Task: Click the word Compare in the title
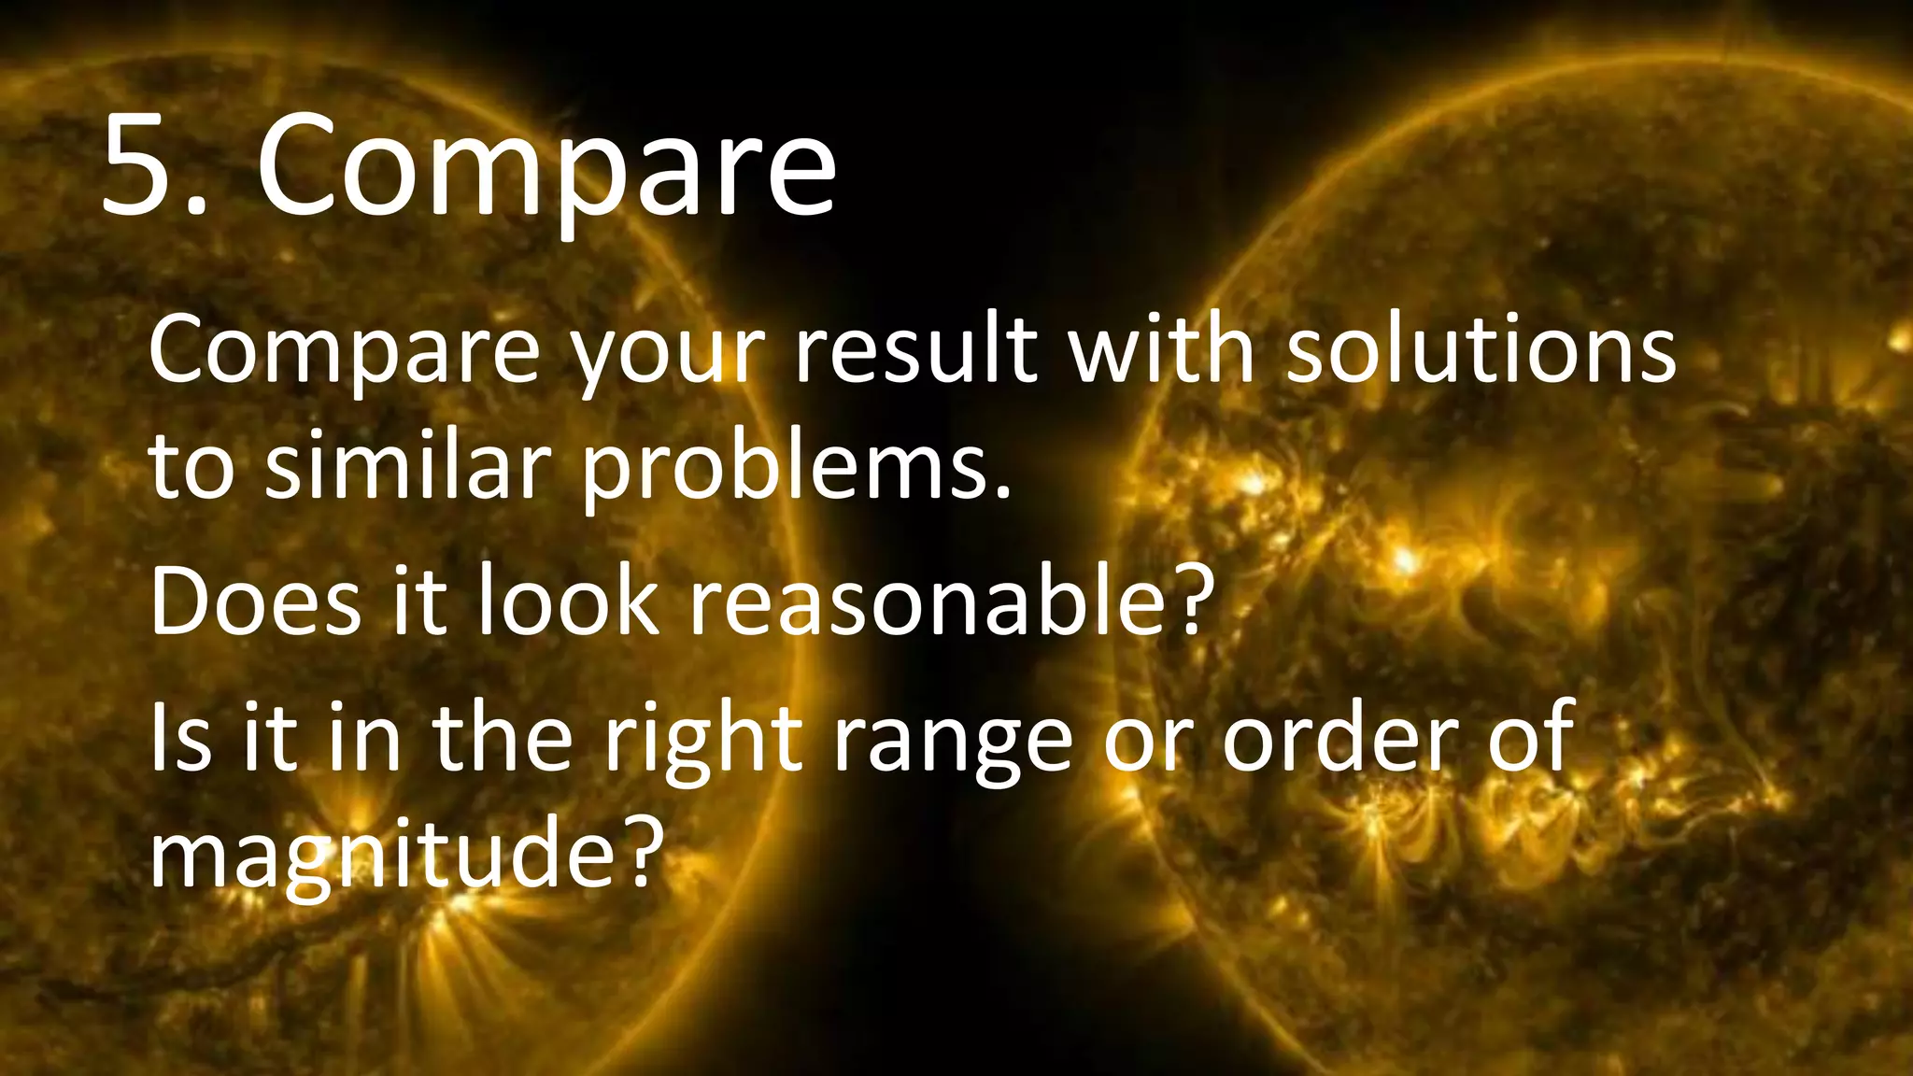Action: click(x=546, y=168)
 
